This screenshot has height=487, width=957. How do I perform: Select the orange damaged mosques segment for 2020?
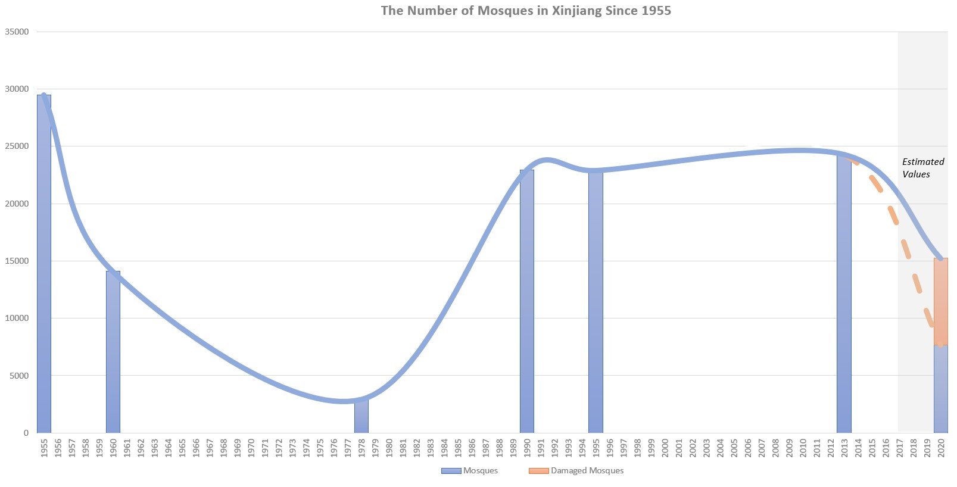coord(941,301)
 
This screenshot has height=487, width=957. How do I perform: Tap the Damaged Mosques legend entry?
coord(576,470)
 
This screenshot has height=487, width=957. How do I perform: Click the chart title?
coord(526,11)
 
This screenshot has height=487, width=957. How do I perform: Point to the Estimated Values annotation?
coord(922,168)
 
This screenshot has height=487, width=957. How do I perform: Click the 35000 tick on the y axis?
coord(17,32)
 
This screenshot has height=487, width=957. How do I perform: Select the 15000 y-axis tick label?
coord(17,261)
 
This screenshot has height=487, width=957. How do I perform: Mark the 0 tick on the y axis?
coord(26,433)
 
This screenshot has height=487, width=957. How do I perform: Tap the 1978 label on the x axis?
coord(361,448)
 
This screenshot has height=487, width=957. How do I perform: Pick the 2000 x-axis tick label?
coord(665,448)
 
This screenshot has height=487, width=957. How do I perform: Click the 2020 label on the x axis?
coord(941,448)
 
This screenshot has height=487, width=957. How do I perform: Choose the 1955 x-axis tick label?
coord(44,448)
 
